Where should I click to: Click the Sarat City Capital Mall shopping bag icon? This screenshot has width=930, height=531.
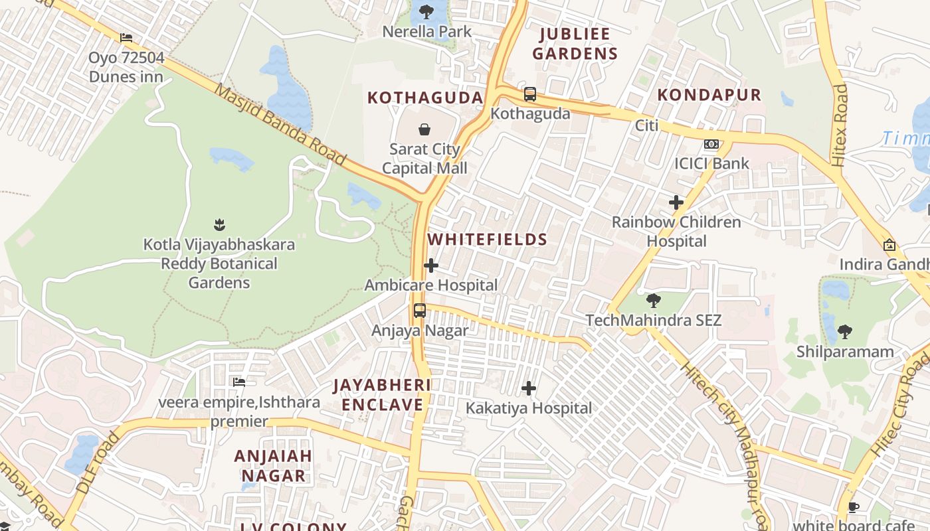(x=424, y=129)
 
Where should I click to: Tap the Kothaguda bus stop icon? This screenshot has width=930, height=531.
(x=529, y=94)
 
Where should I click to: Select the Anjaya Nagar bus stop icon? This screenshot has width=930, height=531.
(x=420, y=311)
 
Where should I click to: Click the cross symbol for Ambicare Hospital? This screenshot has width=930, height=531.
(x=431, y=266)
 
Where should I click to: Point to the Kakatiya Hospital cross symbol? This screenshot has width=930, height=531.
(x=529, y=388)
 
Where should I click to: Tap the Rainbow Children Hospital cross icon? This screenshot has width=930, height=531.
(x=676, y=202)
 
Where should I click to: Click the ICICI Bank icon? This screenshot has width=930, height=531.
(x=711, y=144)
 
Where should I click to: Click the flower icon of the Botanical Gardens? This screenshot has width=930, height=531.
(x=219, y=225)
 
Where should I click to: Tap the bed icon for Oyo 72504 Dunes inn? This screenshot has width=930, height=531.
(x=126, y=38)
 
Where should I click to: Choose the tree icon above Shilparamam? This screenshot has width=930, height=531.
(x=845, y=331)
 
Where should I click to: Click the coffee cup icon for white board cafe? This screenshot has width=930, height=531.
(x=854, y=508)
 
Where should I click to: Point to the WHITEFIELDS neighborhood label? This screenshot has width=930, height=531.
(x=488, y=240)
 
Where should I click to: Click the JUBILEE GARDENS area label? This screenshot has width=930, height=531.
(x=575, y=44)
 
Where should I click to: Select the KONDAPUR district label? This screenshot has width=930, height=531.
(x=709, y=95)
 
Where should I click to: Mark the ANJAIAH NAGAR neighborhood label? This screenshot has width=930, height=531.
(x=273, y=466)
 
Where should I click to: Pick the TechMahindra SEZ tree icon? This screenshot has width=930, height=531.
(x=654, y=301)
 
